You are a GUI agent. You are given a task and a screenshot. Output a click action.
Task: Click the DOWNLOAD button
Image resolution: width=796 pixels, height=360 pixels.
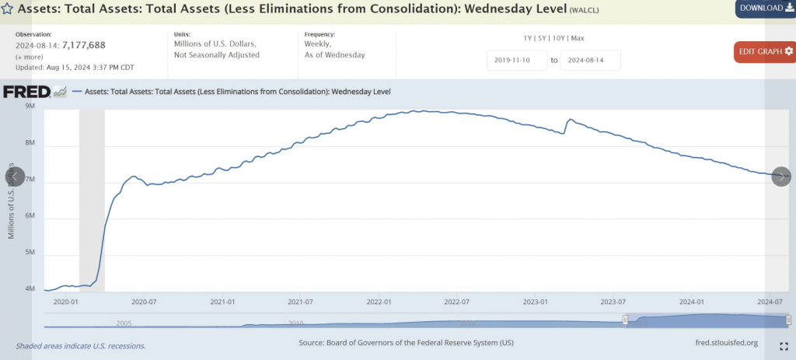pyautogui.click(x=765, y=8)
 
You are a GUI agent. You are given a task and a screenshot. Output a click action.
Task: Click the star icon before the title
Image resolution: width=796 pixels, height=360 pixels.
pyautogui.click(x=7, y=9)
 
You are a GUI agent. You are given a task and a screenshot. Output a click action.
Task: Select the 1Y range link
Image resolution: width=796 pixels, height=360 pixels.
pyautogui.click(x=529, y=38)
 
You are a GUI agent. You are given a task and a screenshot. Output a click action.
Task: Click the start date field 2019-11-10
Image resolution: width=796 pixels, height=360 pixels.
pyautogui.click(x=517, y=60)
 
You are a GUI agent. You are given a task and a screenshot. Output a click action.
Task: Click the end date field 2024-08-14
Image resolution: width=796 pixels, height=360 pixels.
pyautogui.click(x=590, y=60)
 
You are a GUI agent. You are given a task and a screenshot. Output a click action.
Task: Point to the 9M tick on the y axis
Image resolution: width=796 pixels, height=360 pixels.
pyautogui.click(x=30, y=107)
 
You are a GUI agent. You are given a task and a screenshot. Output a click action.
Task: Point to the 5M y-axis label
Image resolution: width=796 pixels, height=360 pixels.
pyautogui.click(x=30, y=253)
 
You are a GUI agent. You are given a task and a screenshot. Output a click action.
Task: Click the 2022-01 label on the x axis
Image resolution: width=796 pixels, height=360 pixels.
pyautogui.click(x=380, y=302)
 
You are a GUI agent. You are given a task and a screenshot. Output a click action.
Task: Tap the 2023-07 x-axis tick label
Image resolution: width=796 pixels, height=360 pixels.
pyautogui.click(x=613, y=302)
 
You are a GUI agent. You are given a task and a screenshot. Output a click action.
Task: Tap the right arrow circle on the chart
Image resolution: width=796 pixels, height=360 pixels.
pyautogui.click(x=781, y=177)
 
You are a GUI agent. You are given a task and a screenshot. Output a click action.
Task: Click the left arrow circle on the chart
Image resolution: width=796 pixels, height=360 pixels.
pyautogui.click(x=15, y=177)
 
